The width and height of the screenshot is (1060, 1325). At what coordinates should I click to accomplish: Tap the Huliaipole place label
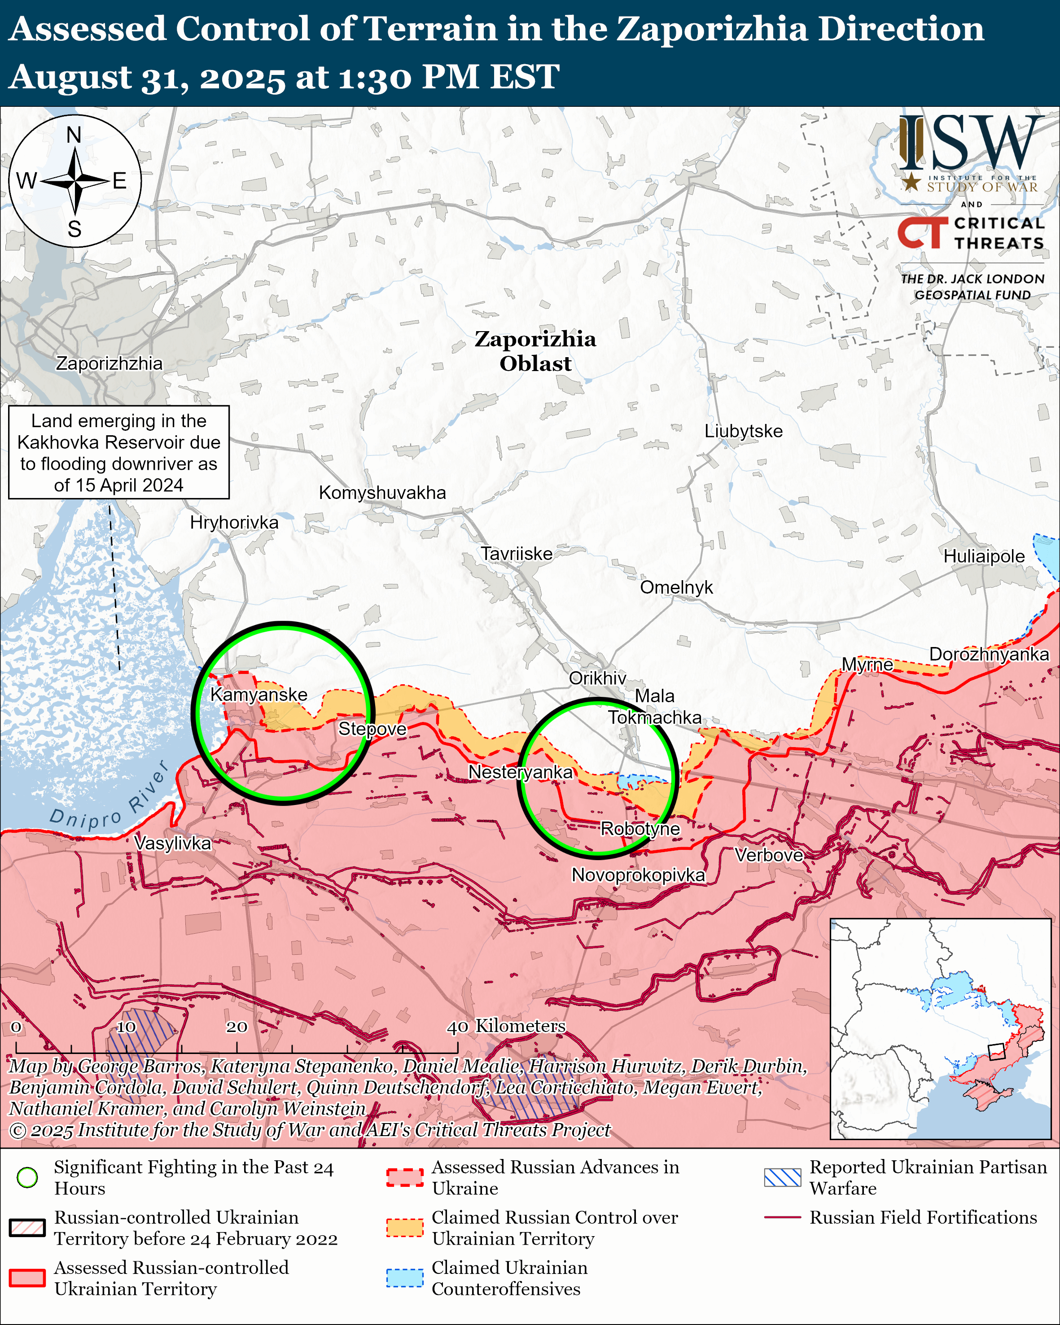[x=984, y=556]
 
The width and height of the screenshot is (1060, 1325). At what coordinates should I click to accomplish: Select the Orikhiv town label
[x=597, y=678]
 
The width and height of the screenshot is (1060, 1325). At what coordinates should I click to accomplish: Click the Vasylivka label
[x=173, y=843]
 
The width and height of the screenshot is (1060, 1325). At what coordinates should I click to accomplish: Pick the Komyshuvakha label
[x=382, y=492]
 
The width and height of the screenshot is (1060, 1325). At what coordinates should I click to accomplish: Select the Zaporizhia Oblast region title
[x=535, y=351]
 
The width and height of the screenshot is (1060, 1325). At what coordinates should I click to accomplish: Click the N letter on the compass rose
[x=74, y=135]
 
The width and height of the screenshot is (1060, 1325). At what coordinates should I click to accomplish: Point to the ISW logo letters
[x=971, y=144]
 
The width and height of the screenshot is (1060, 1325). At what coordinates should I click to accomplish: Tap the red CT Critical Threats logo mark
[x=922, y=233]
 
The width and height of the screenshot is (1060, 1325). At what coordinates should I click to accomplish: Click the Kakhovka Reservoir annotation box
[x=118, y=452]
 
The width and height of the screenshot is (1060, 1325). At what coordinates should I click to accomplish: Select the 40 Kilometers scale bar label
[x=505, y=1026]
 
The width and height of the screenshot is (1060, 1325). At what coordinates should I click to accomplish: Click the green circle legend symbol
[x=27, y=1177]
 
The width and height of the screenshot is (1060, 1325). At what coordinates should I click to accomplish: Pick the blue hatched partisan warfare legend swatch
[x=782, y=1177]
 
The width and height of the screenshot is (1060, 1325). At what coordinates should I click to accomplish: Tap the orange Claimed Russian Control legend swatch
[x=404, y=1227]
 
